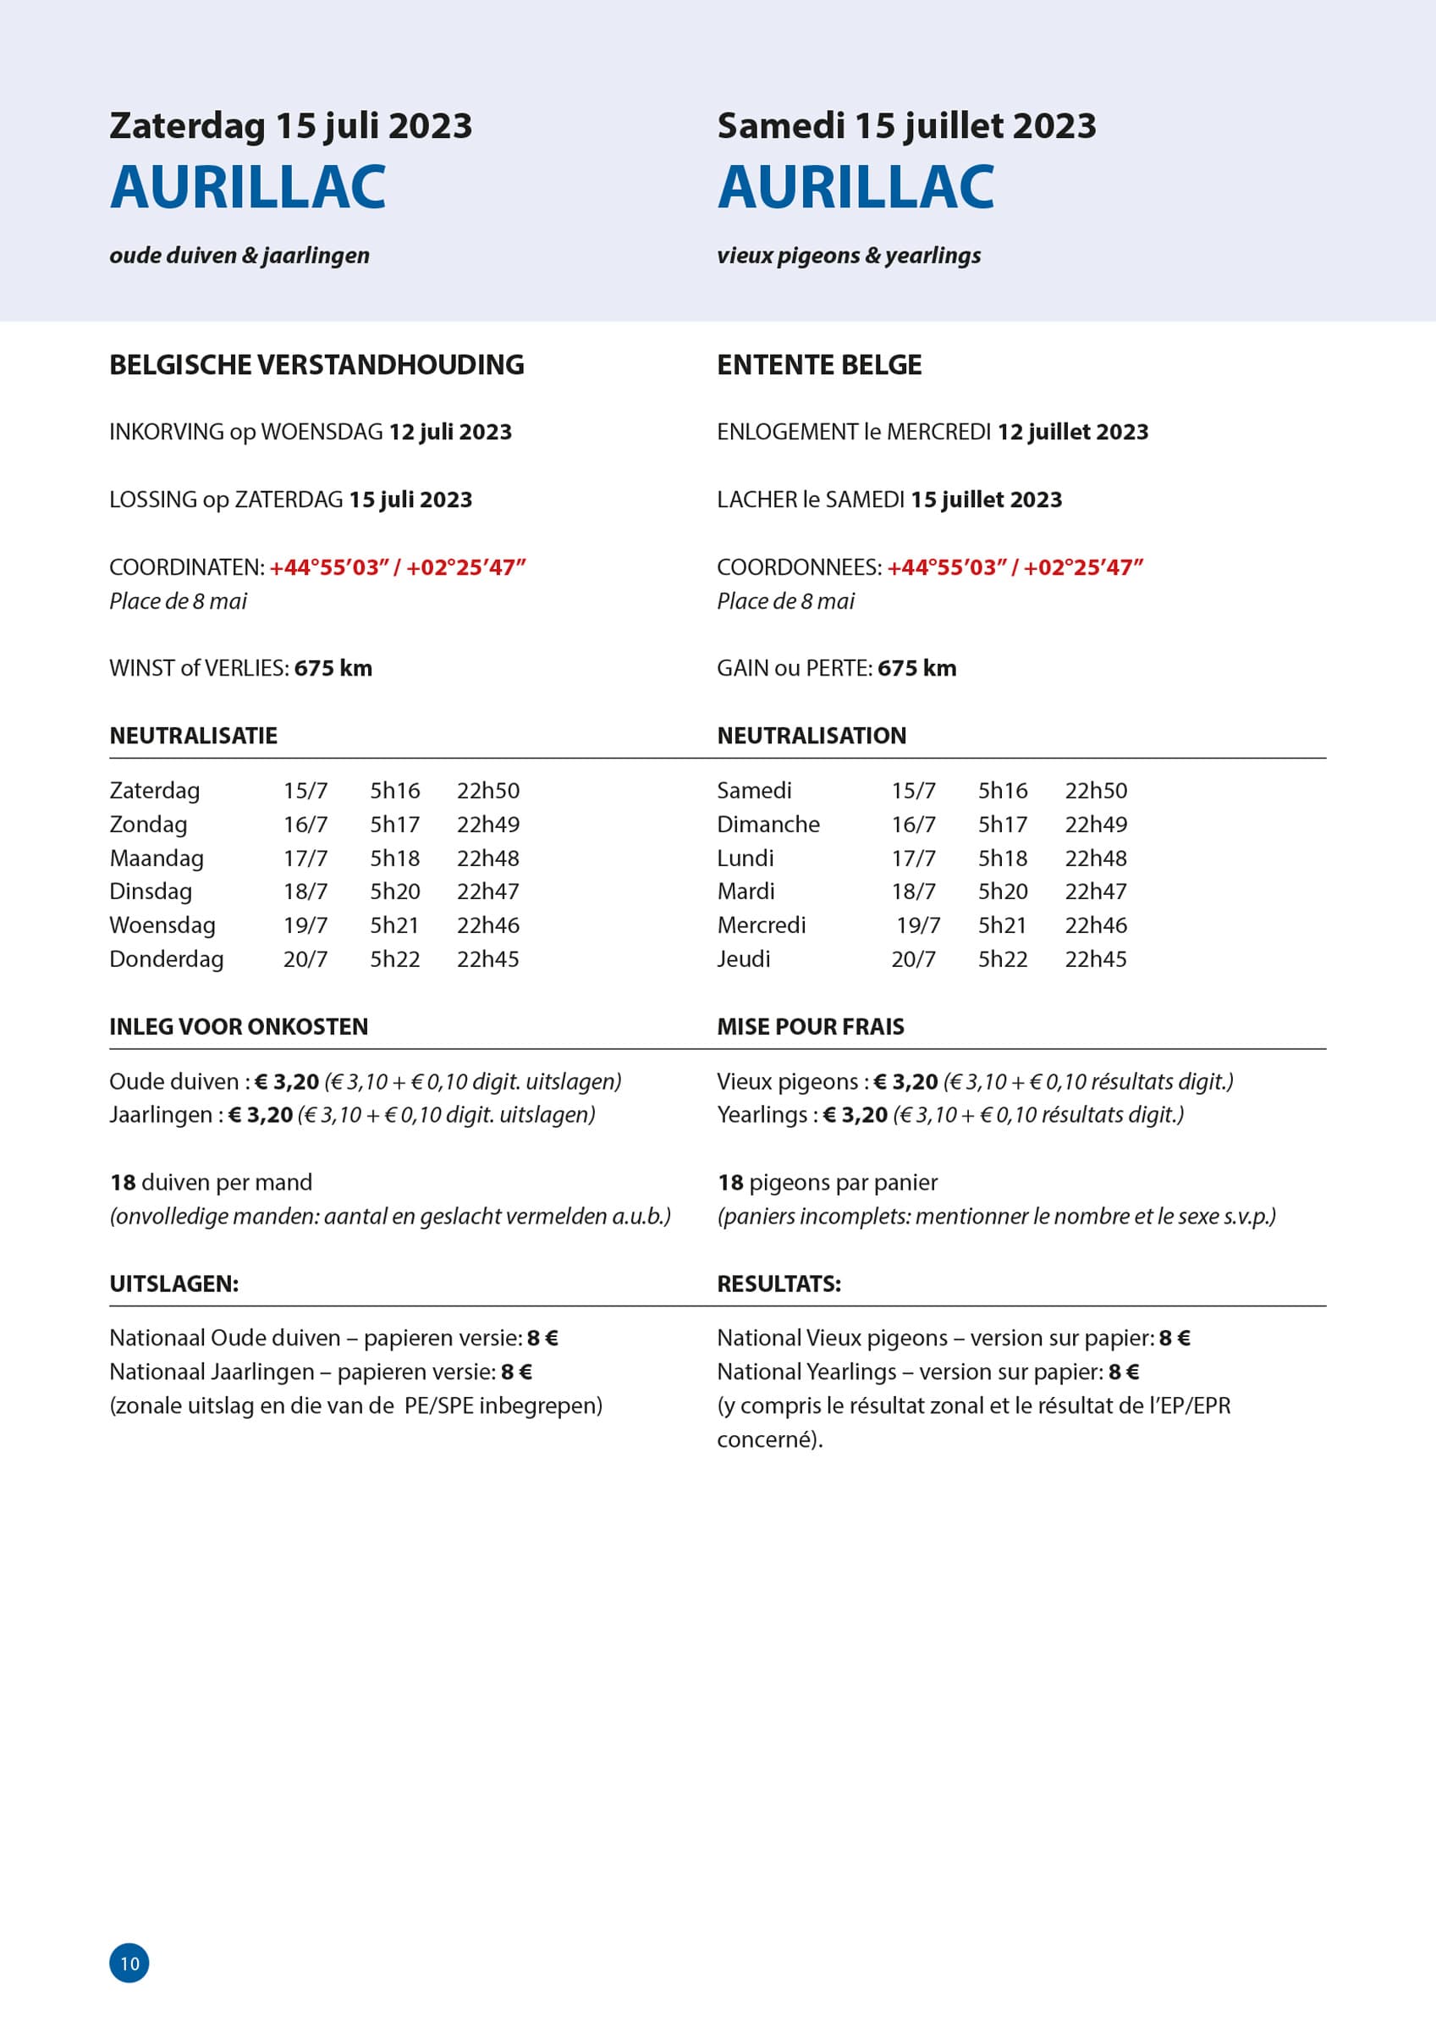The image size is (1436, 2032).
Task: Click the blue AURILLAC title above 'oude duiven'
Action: pos(248,187)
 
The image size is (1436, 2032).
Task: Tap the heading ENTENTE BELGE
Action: pos(818,365)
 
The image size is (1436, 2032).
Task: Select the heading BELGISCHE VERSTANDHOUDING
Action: pos(316,365)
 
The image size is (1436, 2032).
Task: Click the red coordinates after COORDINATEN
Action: pos(397,567)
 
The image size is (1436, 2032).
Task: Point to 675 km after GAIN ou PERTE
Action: pos(916,668)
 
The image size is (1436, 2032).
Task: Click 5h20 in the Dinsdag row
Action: pos(394,892)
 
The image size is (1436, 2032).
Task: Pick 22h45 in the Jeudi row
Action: pos(1095,958)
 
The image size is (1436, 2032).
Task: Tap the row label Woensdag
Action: pos(162,925)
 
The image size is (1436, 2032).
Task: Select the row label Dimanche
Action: pos(768,824)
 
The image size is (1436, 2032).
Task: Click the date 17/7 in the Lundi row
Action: pos(913,858)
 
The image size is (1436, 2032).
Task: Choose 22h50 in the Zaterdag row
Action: pos(487,790)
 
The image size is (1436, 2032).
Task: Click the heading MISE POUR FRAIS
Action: pos(811,1027)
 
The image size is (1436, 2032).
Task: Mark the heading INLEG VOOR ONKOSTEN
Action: pos(238,1027)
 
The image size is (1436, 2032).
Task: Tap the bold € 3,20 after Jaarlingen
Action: pos(260,1114)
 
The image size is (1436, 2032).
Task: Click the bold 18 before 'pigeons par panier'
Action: pos(730,1183)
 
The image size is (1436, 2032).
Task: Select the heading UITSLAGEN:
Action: pos(173,1284)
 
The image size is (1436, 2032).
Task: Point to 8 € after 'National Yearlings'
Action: pos(1124,1372)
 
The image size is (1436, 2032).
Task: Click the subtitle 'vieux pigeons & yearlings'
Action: pos(849,255)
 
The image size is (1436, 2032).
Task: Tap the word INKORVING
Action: pos(167,432)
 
